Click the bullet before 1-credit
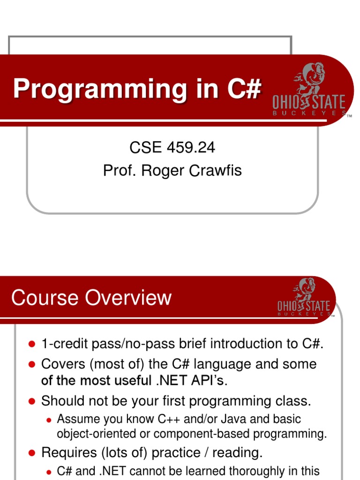32,344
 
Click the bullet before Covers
32,364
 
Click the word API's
210,381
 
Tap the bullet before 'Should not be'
32,401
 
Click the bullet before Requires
32,453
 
